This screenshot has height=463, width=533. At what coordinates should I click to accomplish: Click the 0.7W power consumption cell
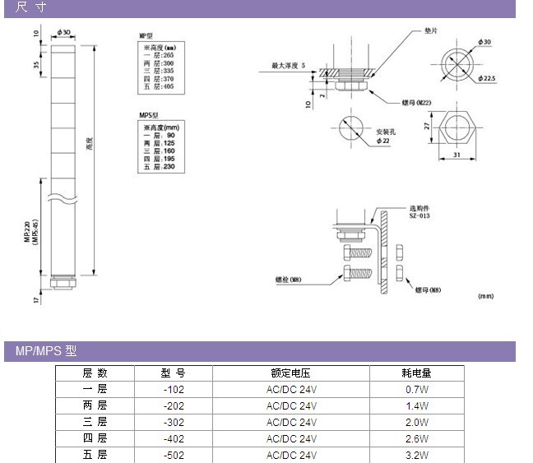click(x=417, y=390)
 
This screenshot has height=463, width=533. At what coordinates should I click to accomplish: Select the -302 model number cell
click(x=173, y=422)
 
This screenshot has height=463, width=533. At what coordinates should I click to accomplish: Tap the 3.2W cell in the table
click(x=417, y=455)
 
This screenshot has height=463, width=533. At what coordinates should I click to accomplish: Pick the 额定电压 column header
click(x=290, y=373)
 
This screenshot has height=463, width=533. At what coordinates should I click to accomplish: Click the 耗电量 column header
click(x=417, y=373)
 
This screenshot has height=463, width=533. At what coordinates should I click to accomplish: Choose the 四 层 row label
click(x=95, y=438)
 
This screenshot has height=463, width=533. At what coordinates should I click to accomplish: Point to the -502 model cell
click(x=173, y=455)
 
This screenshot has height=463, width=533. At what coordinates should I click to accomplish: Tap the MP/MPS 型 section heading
click(x=46, y=351)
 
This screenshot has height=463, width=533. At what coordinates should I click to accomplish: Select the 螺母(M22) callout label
click(x=417, y=102)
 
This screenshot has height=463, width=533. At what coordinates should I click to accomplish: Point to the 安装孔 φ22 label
click(x=387, y=137)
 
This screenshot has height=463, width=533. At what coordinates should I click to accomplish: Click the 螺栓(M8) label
click(x=289, y=280)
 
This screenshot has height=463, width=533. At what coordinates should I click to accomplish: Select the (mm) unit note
click(x=485, y=294)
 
